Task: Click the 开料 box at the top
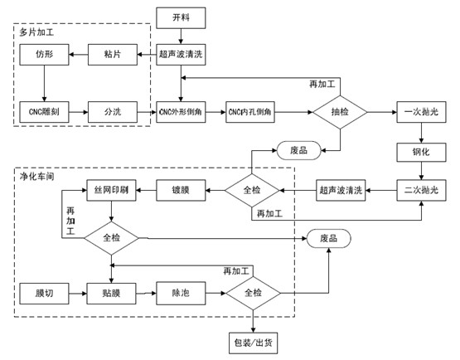click(x=181, y=18)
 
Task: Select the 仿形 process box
click(x=44, y=55)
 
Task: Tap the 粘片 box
click(x=113, y=55)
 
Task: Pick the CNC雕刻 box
click(x=44, y=112)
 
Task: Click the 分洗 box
click(x=113, y=112)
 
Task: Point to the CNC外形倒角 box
click(x=181, y=112)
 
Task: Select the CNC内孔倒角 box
click(x=250, y=112)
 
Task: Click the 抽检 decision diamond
click(x=340, y=112)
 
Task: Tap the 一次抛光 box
click(x=422, y=112)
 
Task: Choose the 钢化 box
click(x=422, y=152)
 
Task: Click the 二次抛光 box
click(x=422, y=190)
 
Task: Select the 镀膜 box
click(x=181, y=190)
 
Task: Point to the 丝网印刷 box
click(x=112, y=190)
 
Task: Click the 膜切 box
click(x=44, y=294)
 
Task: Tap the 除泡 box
click(x=181, y=293)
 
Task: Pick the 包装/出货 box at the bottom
click(x=253, y=343)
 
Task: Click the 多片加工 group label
click(x=36, y=32)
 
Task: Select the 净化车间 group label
click(x=37, y=177)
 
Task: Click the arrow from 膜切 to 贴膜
click(x=78, y=294)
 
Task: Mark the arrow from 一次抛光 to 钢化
click(x=422, y=133)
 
